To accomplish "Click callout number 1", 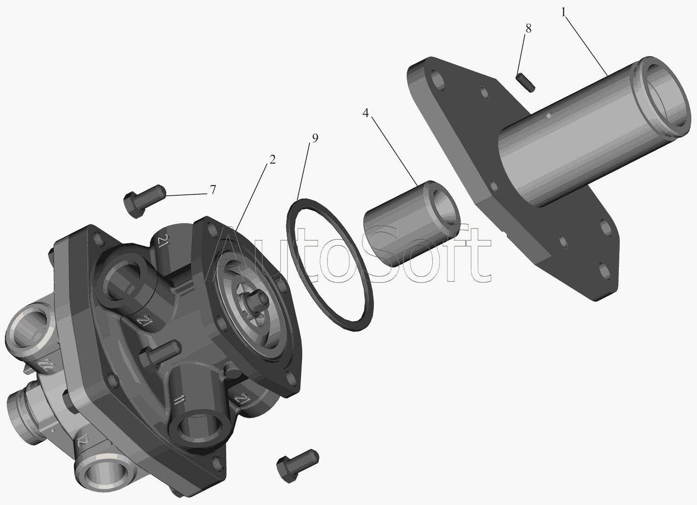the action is click(563, 13).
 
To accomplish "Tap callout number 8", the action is click(528, 29).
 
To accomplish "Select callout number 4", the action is click(366, 113).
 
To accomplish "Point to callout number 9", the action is click(315, 138).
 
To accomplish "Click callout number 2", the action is click(272, 160).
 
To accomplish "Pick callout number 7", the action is click(213, 189).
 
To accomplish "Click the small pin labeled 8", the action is click(526, 82).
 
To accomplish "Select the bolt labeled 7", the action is click(144, 201).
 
